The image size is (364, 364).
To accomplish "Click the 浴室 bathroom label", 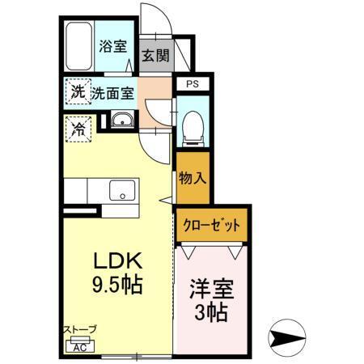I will [113, 45].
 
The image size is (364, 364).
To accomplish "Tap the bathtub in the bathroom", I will [78, 47].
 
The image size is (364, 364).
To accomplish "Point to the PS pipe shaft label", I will [192, 84].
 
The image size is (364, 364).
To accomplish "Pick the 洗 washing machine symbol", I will [77, 91].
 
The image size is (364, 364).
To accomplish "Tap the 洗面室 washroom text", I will [112, 92].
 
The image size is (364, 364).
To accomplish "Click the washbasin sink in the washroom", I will [123, 122].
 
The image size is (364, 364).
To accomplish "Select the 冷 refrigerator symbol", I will [79, 127].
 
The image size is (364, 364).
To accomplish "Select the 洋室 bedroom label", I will [210, 287].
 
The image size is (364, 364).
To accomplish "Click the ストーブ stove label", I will [80, 329].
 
